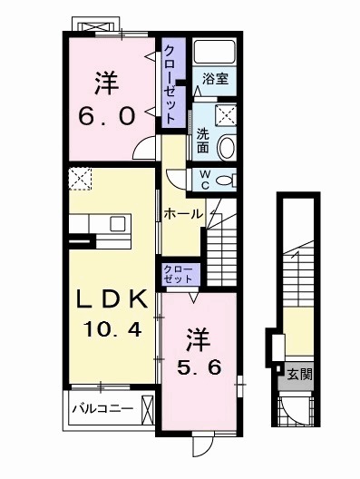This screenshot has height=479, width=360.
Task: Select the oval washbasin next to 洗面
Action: (x=226, y=148)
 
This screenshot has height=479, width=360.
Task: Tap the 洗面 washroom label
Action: (x=203, y=140)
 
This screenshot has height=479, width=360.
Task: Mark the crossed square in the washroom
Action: (x=227, y=114)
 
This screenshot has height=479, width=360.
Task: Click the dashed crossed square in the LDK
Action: (x=80, y=179)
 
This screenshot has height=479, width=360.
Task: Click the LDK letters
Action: (x=108, y=300)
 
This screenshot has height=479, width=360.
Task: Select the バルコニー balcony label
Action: (x=102, y=408)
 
